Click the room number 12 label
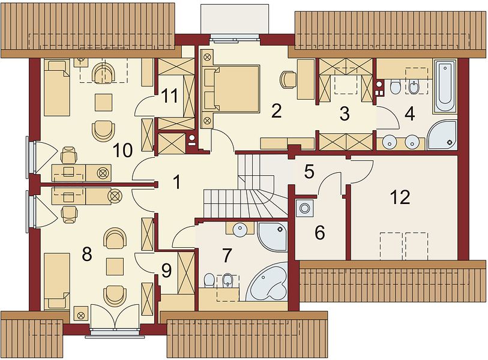(400, 197)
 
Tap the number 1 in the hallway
(176, 182)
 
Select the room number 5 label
(309, 172)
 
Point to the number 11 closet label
(170, 95)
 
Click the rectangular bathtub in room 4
(445, 87)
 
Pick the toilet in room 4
(395, 87)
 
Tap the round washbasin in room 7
(240, 230)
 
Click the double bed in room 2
(235, 89)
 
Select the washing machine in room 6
(304, 208)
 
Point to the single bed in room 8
(56, 281)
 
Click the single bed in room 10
(56, 88)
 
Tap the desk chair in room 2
(289, 79)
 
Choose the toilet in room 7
(209, 280)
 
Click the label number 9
(166, 271)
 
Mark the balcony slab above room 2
(235, 20)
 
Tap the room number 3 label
(344, 114)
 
